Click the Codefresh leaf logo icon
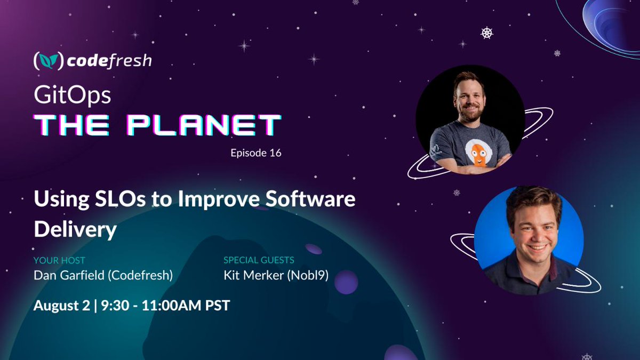pos(49,61)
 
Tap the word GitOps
pos(73,95)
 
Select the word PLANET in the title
pos(204,125)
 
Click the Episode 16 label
pos(256,153)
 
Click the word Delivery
pos(75,229)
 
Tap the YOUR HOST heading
pos(59,260)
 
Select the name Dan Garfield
pos(69,275)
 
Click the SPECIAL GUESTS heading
pos(259,260)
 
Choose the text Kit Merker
pos(254,275)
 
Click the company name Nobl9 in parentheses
pos(308,275)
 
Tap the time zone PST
pos(218,306)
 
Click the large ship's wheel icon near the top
pos(486,33)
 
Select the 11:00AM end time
pos(171,306)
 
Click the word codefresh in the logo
pos(109,61)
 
